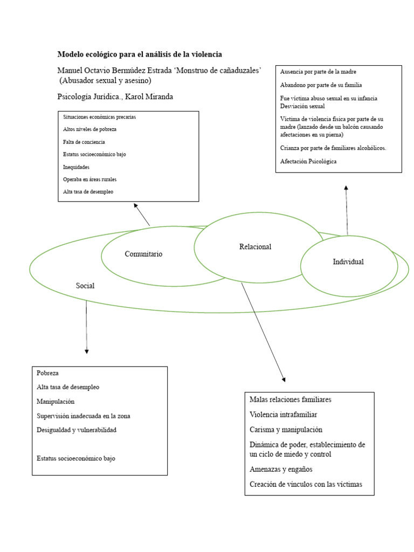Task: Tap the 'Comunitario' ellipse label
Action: point(143,254)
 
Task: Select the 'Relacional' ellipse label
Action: point(255,247)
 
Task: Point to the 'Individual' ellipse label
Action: point(348,261)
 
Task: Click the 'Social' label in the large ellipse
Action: point(85,286)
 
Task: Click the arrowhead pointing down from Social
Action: point(87,351)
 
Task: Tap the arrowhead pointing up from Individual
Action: point(346,188)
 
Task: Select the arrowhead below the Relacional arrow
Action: point(284,379)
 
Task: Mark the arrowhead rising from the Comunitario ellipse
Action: point(135,205)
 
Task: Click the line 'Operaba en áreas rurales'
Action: point(90,179)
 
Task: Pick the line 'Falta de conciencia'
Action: point(84,142)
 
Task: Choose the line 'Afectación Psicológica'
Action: point(308,161)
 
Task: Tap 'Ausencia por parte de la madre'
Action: point(318,72)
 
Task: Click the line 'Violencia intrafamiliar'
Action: point(284,415)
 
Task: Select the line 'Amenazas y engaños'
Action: point(281,469)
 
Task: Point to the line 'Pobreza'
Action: point(47,373)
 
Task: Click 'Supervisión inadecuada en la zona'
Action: point(84,416)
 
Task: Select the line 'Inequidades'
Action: point(76,167)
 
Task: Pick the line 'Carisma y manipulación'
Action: point(286,430)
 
